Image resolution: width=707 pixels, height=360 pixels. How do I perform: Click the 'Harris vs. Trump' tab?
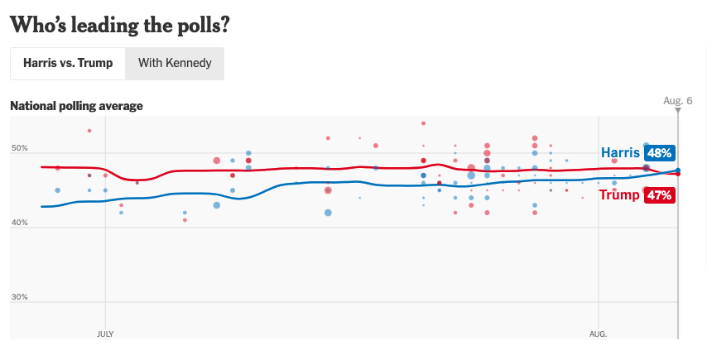pos(68,63)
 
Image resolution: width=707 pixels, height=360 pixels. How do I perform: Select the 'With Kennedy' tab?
pos(175,63)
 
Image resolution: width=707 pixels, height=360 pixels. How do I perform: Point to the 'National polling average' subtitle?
pos(76,106)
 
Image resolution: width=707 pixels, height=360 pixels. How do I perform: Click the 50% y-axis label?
pos(19,148)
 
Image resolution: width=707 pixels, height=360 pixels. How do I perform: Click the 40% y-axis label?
pos(19,223)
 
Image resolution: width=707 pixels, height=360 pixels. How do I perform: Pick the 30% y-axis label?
pos(19,297)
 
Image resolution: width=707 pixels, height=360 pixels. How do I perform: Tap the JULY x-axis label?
pos(105,334)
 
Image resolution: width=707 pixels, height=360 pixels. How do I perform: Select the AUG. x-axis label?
pos(599,334)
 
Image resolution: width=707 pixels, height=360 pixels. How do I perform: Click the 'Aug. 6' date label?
pos(678,100)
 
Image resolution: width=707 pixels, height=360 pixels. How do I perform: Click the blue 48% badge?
pos(659,153)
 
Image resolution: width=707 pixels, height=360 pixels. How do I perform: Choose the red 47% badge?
pos(659,195)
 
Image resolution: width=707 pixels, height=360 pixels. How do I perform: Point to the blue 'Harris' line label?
pos(620,153)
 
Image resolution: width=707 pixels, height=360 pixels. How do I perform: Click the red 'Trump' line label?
pos(619,195)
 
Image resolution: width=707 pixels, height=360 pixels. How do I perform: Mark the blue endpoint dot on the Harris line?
pos(678,170)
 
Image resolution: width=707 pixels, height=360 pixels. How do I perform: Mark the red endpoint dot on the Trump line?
pos(678,174)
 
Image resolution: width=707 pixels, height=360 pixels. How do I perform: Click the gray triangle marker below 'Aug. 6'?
pos(678,110)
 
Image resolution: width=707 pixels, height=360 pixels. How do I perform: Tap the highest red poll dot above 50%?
pos(423,123)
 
